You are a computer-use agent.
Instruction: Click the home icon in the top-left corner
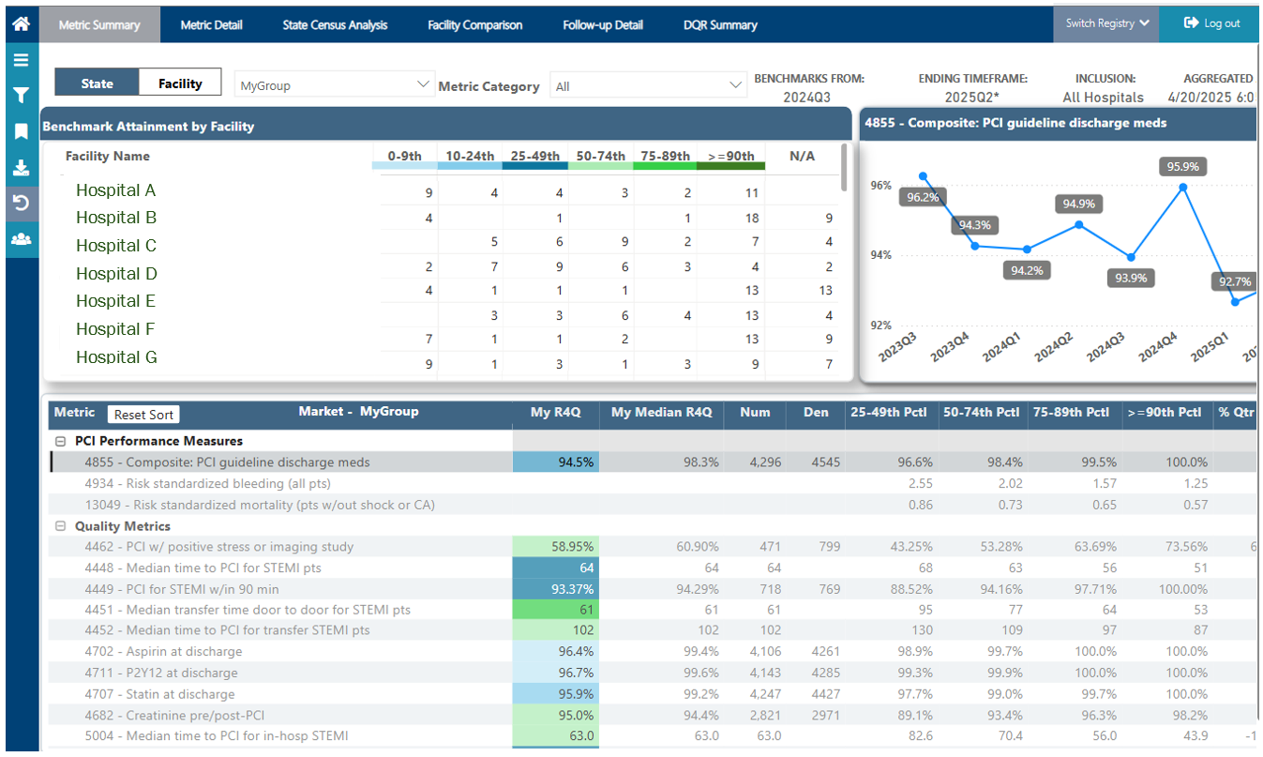22,23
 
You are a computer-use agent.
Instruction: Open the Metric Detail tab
212,24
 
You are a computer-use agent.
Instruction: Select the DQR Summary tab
720,24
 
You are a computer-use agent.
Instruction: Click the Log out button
1210,23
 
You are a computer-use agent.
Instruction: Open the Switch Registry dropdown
1106,23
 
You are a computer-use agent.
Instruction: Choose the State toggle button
97,83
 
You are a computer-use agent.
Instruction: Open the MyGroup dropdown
334,85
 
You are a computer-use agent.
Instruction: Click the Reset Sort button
143,415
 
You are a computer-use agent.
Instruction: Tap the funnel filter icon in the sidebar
22,96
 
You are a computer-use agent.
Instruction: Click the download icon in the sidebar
22,168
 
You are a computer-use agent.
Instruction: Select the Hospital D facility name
116,274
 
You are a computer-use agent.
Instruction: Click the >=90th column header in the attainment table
730,157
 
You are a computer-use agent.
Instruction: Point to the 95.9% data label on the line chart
1182,166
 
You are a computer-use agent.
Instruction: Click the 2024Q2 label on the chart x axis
1052,347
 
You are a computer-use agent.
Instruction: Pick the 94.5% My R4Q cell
555,462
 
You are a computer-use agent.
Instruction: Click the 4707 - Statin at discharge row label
159,694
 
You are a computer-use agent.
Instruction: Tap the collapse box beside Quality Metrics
60,526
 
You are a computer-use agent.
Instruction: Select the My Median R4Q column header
661,413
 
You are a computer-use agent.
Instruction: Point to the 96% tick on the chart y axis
880,186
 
